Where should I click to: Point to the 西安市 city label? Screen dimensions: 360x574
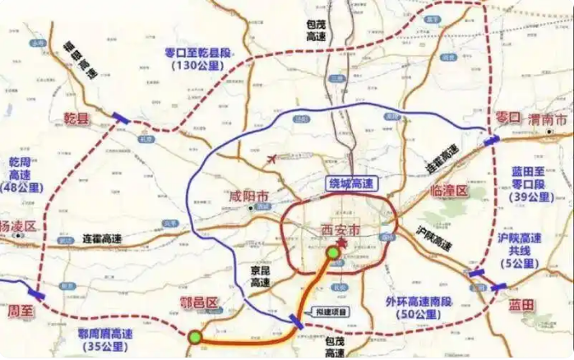coord(339,233)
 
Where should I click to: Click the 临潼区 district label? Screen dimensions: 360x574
coord(449,192)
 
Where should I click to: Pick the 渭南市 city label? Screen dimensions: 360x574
coord(548,120)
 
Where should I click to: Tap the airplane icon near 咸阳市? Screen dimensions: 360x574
coord(272,156)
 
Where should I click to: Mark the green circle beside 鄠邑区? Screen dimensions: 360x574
coord(194,337)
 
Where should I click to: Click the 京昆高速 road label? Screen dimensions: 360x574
coord(260,275)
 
